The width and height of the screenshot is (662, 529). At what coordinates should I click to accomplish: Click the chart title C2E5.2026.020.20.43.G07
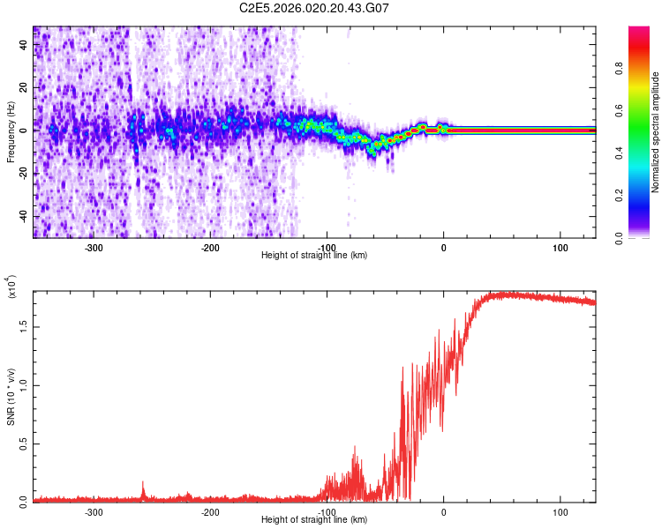point(314,8)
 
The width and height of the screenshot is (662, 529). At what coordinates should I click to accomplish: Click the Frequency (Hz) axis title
point(11,133)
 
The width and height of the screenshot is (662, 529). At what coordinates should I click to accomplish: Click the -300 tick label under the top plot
point(94,247)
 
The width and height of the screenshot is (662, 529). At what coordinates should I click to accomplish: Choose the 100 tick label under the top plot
point(560,247)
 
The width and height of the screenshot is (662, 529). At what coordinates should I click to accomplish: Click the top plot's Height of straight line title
point(314,256)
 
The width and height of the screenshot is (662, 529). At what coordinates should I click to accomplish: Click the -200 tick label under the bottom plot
point(210,512)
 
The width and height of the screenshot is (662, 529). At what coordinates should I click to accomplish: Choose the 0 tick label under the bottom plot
point(444,512)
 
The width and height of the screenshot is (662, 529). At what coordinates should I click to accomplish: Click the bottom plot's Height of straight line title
point(314,521)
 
